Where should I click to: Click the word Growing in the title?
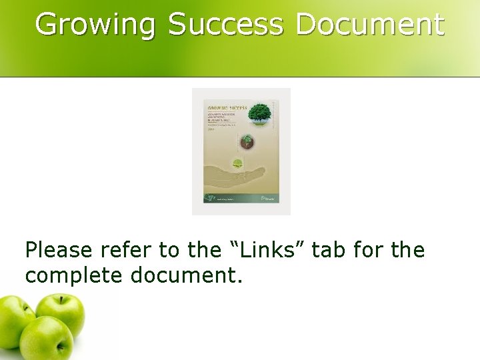[95, 25]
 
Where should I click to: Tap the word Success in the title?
[225, 25]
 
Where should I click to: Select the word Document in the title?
[369, 25]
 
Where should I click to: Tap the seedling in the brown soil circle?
[247, 141]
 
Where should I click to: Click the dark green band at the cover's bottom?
[241, 198]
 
